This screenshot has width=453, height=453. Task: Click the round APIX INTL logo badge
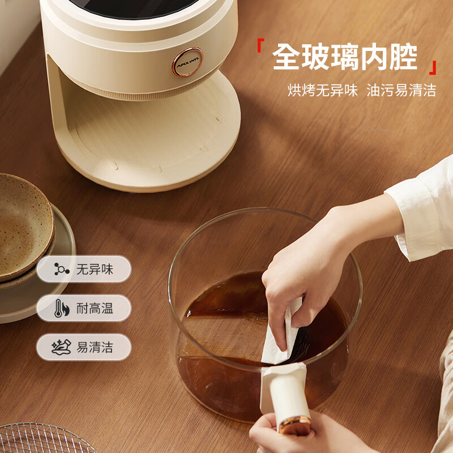(x=187, y=62)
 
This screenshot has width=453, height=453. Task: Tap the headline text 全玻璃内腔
(x=345, y=57)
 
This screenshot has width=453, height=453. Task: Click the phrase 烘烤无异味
(x=322, y=90)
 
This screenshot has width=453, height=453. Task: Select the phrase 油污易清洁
(x=401, y=90)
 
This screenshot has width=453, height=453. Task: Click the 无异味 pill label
(x=84, y=270)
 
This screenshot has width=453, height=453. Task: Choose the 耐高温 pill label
(x=84, y=308)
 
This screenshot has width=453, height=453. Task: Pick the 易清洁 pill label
(x=84, y=347)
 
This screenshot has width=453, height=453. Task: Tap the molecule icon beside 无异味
(x=62, y=270)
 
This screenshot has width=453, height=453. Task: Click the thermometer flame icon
(x=62, y=308)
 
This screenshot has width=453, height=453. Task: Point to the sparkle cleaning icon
(x=61, y=347)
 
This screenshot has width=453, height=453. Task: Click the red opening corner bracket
(x=260, y=45)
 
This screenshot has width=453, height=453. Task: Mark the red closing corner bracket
(x=433, y=67)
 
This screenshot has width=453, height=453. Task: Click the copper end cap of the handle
(x=294, y=425)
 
